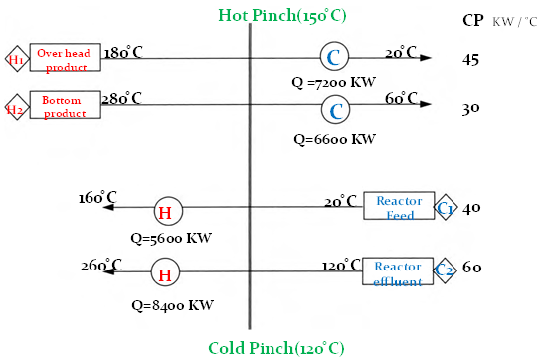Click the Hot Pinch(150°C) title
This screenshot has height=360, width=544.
coord(282,16)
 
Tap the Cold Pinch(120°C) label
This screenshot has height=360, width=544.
coord(276,348)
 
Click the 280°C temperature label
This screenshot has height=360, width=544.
coord(121,98)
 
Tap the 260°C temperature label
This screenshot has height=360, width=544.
coord(101,266)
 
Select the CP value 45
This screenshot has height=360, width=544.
coord(470,60)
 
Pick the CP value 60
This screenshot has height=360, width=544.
coord(471,268)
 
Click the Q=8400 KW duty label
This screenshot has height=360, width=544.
coord(172,306)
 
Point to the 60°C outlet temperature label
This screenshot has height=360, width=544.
coord(401,99)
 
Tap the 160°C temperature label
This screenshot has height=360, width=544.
coord(97,198)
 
